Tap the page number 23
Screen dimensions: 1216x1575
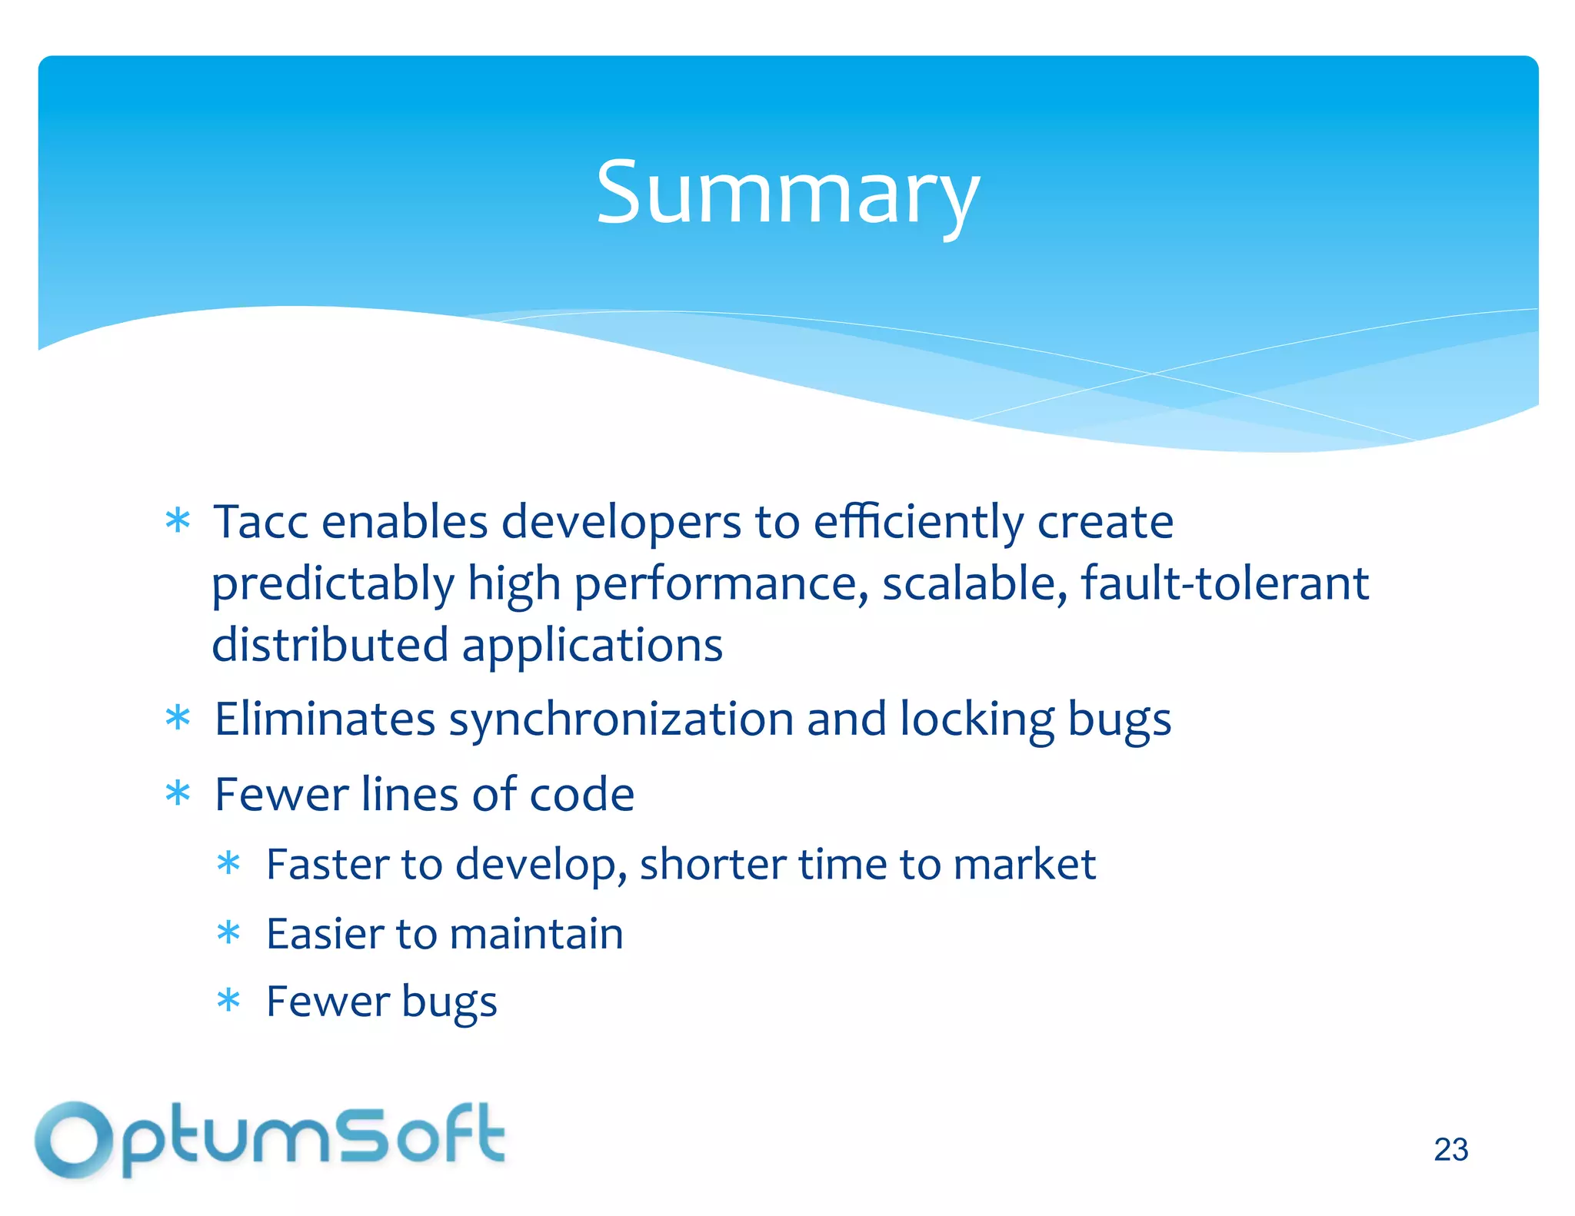point(1450,1150)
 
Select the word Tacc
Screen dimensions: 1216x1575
point(261,522)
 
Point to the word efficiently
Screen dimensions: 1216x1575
point(918,523)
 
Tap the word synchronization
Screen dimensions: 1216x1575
point(621,720)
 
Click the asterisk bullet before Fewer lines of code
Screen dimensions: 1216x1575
point(178,793)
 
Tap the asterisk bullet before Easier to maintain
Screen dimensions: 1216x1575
point(228,933)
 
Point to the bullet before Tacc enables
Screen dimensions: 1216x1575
point(178,521)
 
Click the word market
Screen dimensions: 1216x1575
point(1024,864)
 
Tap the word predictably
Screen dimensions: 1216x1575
point(333,584)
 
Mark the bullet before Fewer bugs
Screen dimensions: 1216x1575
point(228,1001)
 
